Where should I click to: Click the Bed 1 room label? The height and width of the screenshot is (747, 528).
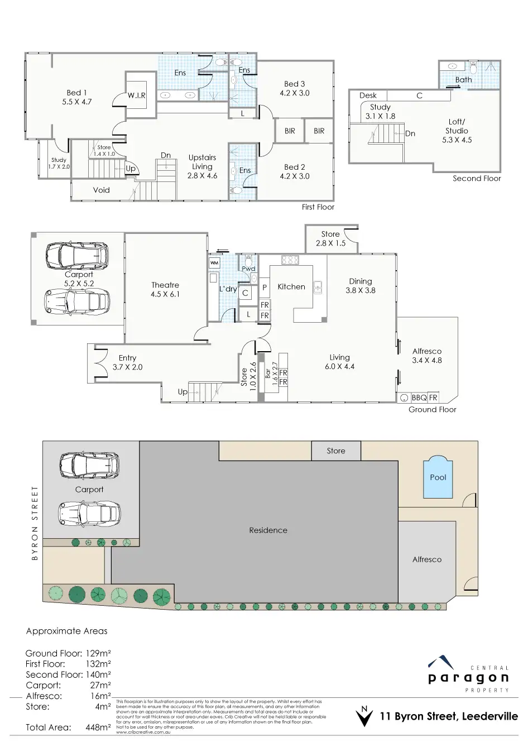[x=77, y=93]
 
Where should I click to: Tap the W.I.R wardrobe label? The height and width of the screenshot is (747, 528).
[x=136, y=95]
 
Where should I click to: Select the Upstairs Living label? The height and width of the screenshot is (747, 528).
[x=202, y=162]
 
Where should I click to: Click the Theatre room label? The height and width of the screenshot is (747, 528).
[x=165, y=285]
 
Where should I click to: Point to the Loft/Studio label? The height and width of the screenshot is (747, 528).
[x=457, y=126]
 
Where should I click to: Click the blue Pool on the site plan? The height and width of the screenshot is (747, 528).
[x=438, y=478]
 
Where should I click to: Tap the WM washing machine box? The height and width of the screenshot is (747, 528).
[x=214, y=262]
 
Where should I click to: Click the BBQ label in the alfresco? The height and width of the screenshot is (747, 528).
[x=419, y=398]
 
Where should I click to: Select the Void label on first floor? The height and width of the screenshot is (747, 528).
[x=102, y=190]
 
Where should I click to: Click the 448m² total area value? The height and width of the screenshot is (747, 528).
[x=98, y=727]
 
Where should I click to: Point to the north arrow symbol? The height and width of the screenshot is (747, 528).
[x=364, y=717]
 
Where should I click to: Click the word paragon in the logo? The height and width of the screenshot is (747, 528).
[x=468, y=678]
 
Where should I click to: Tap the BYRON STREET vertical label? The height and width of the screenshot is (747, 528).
[x=35, y=523]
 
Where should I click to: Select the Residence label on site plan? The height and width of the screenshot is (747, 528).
[x=268, y=530]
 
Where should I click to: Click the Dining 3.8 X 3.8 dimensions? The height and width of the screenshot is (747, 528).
[x=361, y=290]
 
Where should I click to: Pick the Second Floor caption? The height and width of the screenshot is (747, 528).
[x=477, y=179]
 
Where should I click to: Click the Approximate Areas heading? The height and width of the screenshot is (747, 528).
[x=67, y=631]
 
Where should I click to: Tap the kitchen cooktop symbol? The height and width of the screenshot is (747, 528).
[x=290, y=260]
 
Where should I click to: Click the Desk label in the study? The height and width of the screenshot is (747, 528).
[x=368, y=95]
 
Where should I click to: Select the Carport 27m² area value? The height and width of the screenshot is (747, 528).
[x=100, y=685]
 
